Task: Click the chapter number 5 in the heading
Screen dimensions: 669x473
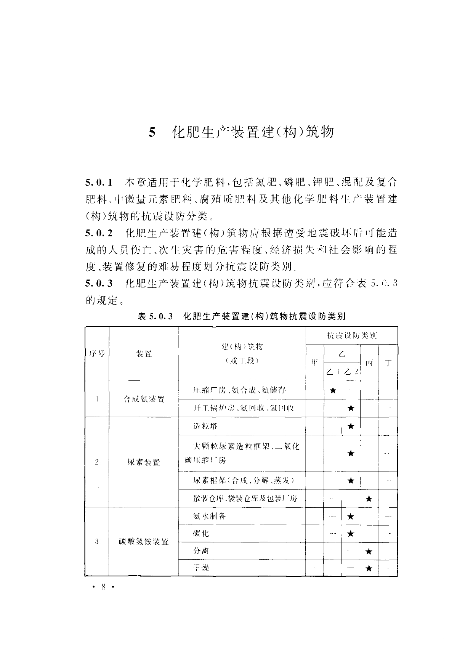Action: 152,133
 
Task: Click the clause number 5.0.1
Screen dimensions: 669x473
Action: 99,183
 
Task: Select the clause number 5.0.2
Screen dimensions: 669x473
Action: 99,233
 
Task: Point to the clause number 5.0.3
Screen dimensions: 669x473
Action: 99,283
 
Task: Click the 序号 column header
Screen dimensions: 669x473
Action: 97,353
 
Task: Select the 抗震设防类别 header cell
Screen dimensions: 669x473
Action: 351,335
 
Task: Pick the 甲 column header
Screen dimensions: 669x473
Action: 314,363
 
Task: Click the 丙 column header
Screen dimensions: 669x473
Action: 369,363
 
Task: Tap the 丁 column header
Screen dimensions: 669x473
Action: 388,363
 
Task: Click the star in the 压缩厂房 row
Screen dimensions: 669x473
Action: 333,390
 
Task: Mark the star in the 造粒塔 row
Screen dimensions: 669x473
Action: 351,426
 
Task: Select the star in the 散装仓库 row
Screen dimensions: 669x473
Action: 369,498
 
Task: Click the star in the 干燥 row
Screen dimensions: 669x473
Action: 369,568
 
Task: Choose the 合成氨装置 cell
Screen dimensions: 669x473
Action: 144,399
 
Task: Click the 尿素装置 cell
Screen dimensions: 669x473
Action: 144,462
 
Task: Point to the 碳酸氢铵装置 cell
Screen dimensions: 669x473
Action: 144,541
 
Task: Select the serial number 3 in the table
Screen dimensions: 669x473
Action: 97,541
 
